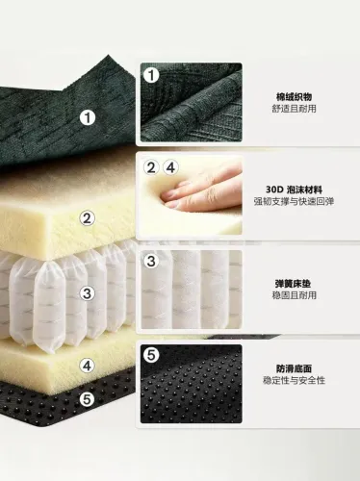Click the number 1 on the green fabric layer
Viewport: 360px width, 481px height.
point(88,117)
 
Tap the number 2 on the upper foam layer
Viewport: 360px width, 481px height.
point(88,218)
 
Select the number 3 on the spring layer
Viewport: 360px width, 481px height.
point(88,293)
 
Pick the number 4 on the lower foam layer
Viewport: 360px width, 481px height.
point(88,366)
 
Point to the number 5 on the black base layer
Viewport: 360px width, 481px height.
point(88,399)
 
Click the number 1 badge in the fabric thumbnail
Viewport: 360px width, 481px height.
point(151,76)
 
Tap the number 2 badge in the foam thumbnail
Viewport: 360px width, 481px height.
point(151,167)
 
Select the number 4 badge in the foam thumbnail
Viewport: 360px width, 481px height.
point(170,167)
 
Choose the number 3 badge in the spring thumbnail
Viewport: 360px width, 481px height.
point(151,261)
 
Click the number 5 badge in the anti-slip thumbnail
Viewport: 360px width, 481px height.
point(151,355)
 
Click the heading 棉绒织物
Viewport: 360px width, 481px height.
point(294,96)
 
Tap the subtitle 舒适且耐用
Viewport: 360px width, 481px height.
point(294,109)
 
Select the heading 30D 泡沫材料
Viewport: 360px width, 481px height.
point(294,190)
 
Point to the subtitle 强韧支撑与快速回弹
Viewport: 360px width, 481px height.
point(294,201)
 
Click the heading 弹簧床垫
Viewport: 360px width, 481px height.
point(293,284)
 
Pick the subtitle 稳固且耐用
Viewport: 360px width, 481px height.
point(294,295)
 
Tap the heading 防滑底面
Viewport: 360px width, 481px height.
point(294,368)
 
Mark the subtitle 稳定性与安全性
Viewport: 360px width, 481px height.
point(294,380)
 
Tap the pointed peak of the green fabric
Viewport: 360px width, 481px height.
point(109,56)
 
